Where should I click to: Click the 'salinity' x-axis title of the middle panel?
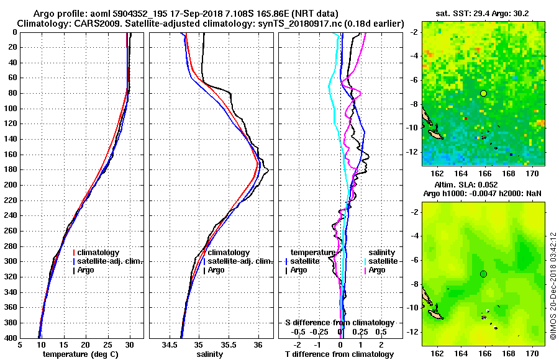coord(210,354)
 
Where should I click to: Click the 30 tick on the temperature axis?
coord(129,344)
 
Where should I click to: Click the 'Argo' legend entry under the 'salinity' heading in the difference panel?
coord(376,270)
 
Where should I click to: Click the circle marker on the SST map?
coord(484,93)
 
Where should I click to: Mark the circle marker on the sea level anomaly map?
coord(484,274)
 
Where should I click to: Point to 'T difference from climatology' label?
coord(340,354)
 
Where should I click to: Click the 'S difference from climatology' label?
coord(340,323)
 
